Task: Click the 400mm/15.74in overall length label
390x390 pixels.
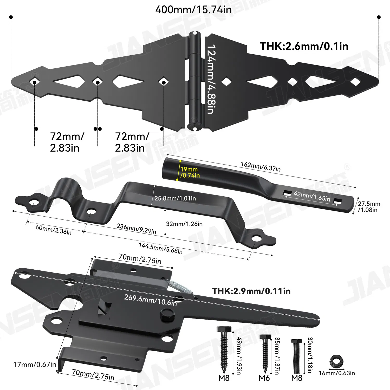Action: click(x=193, y=10)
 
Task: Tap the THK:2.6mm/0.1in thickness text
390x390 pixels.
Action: click(x=304, y=46)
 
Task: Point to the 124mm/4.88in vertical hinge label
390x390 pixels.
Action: click(x=211, y=79)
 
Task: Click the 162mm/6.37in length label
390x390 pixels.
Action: click(x=261, y=167)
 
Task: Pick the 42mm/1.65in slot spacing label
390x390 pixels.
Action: click(x=312, y=196)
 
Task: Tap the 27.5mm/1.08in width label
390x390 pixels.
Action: click(x=369, y=207)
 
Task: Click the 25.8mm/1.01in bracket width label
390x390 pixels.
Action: click(x=175, y=198)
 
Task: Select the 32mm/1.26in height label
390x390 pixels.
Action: click(x=184, y=224)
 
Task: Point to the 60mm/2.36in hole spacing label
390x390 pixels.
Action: click(x=53, y=230)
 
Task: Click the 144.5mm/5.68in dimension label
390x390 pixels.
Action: click(x=160, y=248)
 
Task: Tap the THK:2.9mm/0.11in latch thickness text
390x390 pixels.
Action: click(x=251, y=291)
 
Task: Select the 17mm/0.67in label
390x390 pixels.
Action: click(x=35, y=365)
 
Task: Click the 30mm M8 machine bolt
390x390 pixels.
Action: click(x=297, y=355)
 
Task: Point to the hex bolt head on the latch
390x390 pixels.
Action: click(x=167, y=315)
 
